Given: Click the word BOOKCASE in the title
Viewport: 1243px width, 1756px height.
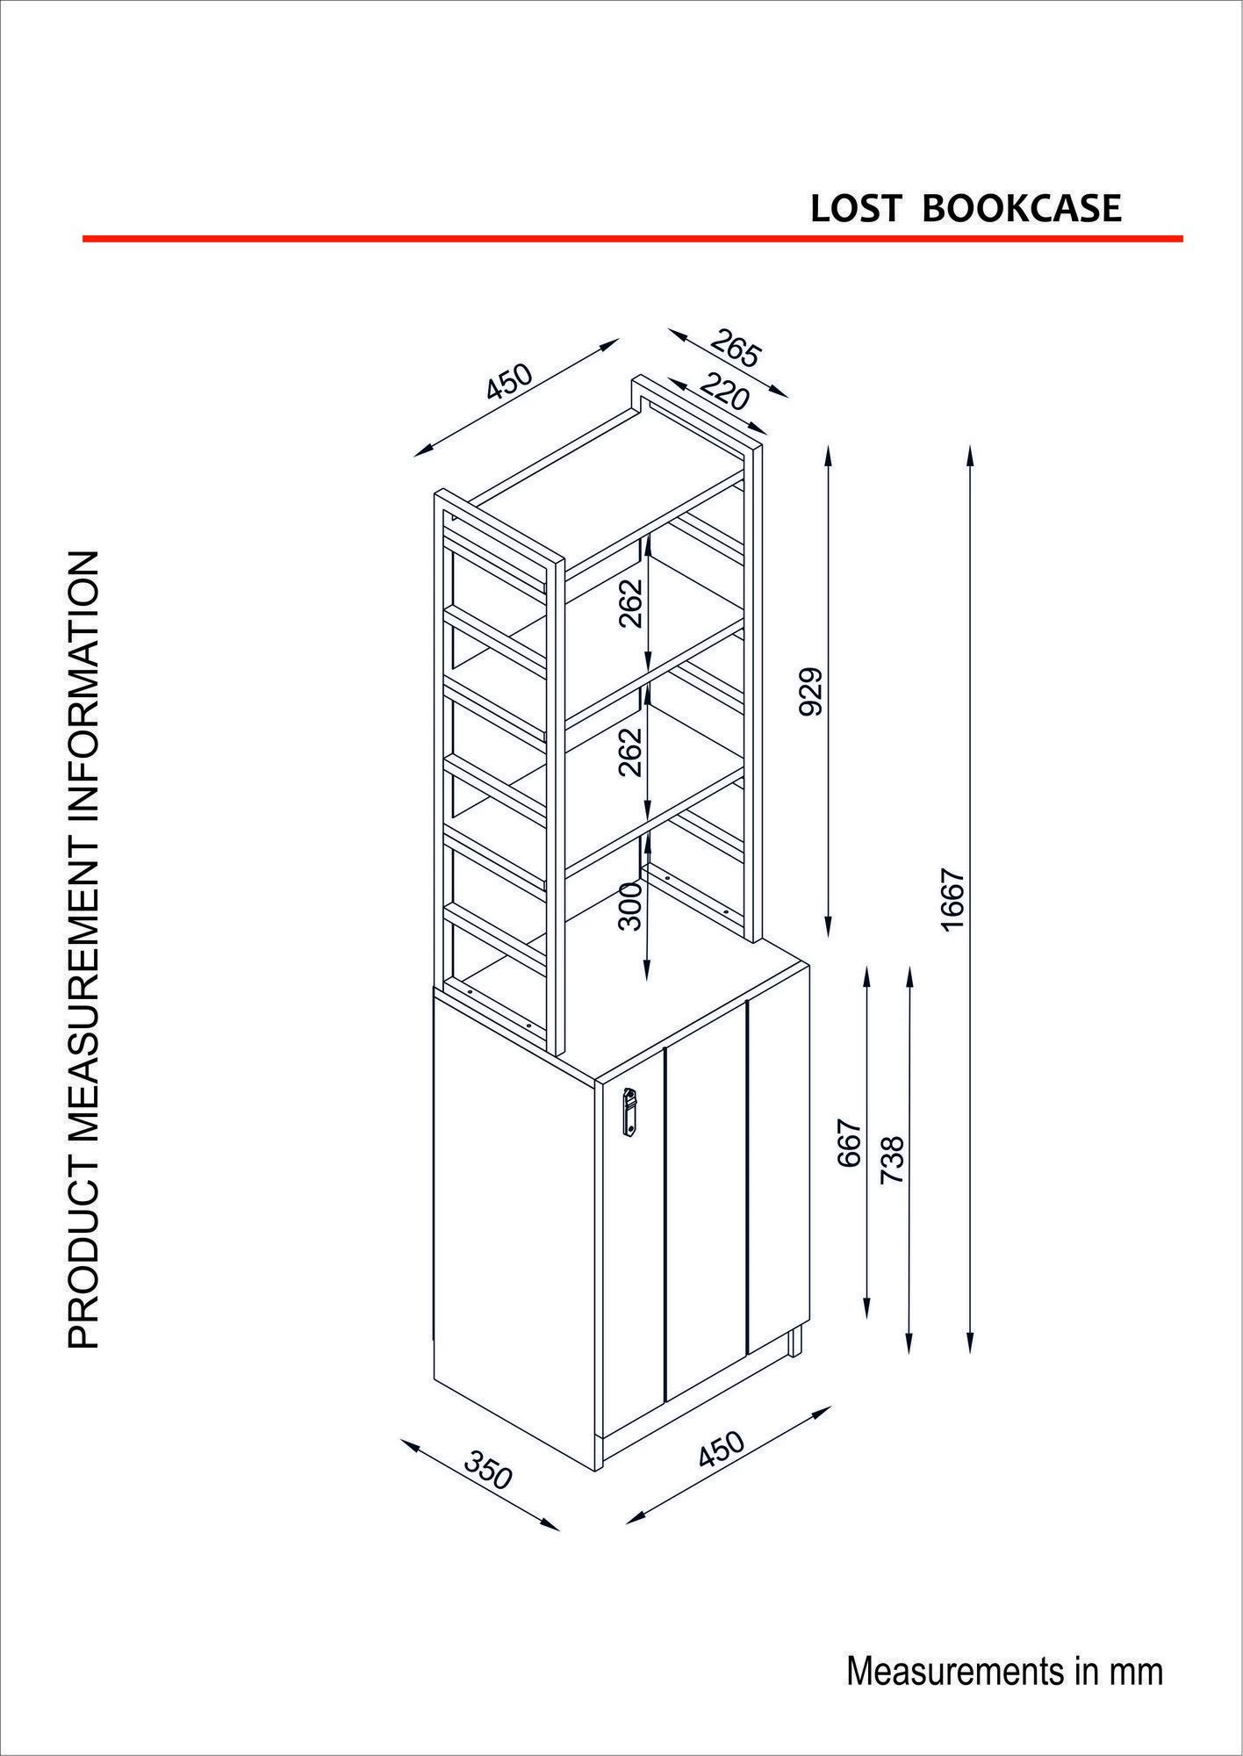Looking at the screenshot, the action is [1022, 208].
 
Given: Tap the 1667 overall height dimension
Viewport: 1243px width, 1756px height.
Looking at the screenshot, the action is [952, 901].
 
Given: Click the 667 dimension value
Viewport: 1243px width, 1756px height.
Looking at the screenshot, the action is [849, 1142].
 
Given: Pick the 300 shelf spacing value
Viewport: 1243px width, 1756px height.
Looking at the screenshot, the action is [630, 905].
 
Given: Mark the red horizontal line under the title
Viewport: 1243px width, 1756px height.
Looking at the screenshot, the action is [633, 238].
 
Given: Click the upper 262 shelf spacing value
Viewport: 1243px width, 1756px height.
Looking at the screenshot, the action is [630, 603].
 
